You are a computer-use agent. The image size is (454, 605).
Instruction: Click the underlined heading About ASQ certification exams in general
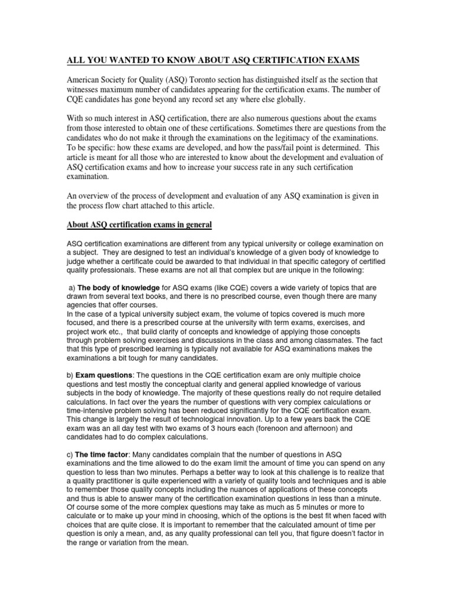(x=138, y=225)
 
